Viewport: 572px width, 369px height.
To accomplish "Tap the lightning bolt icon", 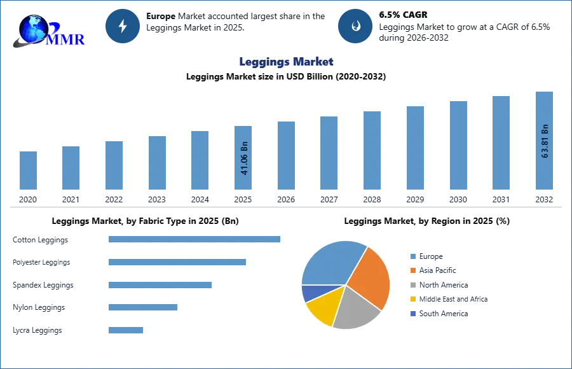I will click(123, 26).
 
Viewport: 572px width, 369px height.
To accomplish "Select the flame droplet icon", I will click(355, 26).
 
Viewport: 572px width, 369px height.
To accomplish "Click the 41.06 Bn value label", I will click(244, 158).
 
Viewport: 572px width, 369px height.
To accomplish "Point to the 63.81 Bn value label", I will click(544, 141).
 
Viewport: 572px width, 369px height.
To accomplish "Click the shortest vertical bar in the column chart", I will click(28, 171).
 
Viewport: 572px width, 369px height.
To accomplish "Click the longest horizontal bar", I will click(195, 239).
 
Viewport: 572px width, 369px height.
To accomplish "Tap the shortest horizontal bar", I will click(126, 330).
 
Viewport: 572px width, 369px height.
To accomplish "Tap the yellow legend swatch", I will click(412, 300).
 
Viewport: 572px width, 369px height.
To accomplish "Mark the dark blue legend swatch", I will click(412, 315).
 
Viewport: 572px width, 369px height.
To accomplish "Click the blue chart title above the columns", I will click(287, 62).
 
